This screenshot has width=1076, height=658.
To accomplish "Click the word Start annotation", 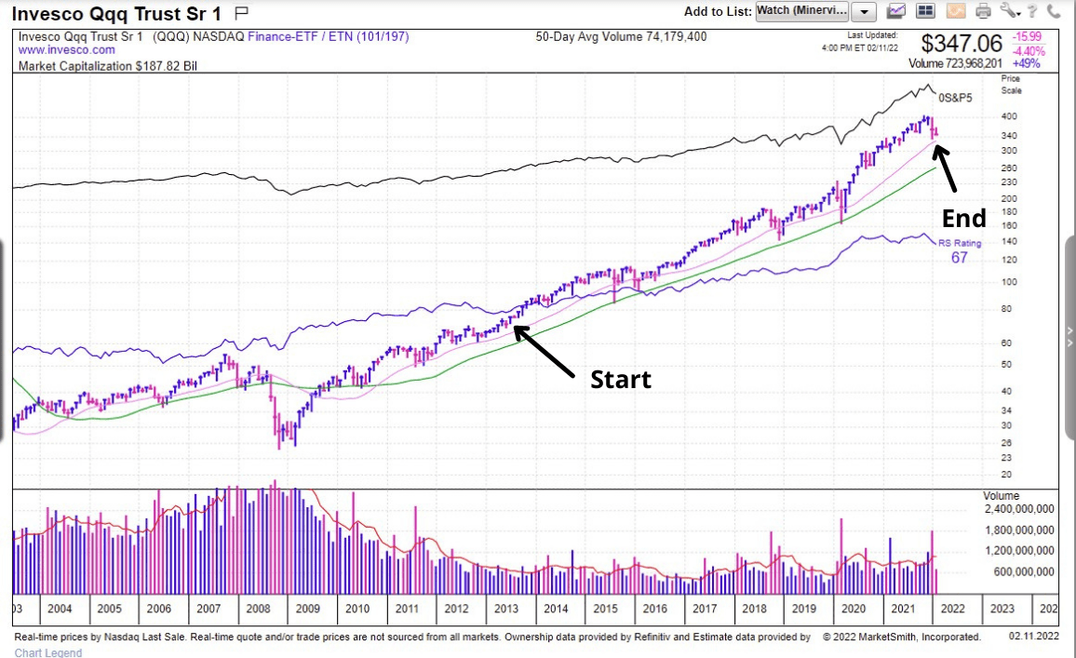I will (621, 380).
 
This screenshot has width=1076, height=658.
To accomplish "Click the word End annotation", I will (963, 219).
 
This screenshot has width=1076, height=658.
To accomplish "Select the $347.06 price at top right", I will (962, 44).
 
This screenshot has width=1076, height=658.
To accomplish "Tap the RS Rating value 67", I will (959, 258).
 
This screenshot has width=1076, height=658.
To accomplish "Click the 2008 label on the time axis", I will (257, 609).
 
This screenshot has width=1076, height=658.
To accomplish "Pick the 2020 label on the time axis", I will (852, 609).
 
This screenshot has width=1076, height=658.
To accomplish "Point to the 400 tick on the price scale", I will (1009, 117).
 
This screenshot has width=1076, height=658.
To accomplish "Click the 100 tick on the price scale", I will (1009, 282).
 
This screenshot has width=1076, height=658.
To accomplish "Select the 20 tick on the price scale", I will (1006, 475).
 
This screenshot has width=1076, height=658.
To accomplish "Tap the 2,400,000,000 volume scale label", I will (1019, 509).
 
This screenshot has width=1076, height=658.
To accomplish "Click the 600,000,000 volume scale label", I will (1023, 572).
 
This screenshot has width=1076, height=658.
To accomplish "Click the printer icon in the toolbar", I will (983, 11).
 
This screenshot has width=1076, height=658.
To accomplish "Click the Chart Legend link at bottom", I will (48, 652).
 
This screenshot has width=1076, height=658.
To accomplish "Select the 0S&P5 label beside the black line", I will (954, 98).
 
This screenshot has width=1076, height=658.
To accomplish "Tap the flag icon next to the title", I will (241, 12).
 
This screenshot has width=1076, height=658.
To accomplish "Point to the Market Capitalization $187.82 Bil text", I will (108, 66).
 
